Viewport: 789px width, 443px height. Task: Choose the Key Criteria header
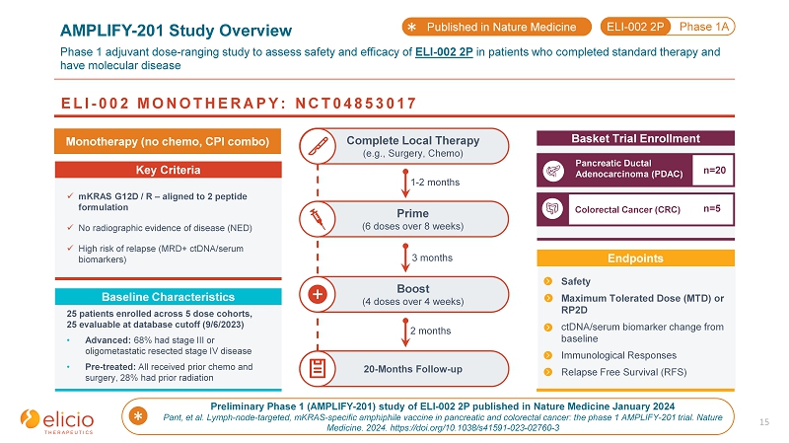point(168,170)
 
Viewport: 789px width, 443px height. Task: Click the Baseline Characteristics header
point(168,297)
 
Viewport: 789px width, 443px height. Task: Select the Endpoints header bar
point(635,258)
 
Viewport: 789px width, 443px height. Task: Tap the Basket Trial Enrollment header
point(635,138)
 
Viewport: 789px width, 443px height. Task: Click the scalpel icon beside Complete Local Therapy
point(319,147)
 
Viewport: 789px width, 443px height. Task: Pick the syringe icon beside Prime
point(319,220)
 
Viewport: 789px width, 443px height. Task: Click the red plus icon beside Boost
point(319,294)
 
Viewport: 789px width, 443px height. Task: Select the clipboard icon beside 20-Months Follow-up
point(319,369)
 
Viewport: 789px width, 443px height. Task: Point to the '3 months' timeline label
point(430,257)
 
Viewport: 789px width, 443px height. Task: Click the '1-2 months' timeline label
point(433,183)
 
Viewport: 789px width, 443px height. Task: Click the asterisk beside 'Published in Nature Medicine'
point(413,27)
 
